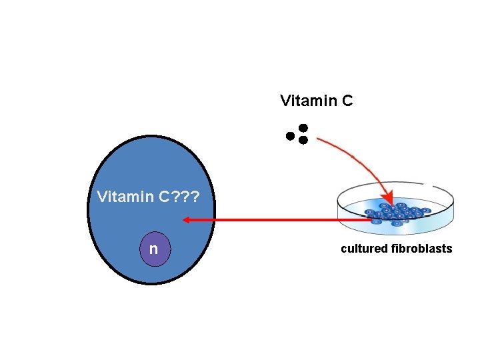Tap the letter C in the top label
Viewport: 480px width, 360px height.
tap(346, 101)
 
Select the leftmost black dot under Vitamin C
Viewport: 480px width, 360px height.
tap(290, 136)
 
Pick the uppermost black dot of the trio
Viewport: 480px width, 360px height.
tap(303, 127)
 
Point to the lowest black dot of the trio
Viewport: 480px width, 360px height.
tap(303, 140)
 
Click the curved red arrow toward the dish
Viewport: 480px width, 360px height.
tap(360, 160)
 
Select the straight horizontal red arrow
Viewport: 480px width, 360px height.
tap(280, 219)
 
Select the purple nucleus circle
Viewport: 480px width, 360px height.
tap(154, 249)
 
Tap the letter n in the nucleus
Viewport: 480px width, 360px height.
tap(154, 249)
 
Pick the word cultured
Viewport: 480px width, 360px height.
tap(364, 249)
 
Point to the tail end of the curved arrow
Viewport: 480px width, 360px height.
tap(319, 139)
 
